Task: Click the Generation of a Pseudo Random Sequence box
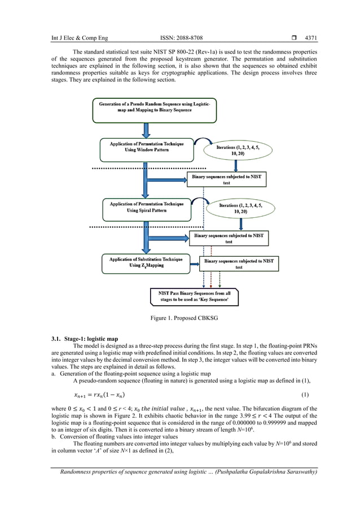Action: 147,109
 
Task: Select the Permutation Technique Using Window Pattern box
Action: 146,148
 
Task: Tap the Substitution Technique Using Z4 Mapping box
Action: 146,263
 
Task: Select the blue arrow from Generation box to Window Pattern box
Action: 147,129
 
